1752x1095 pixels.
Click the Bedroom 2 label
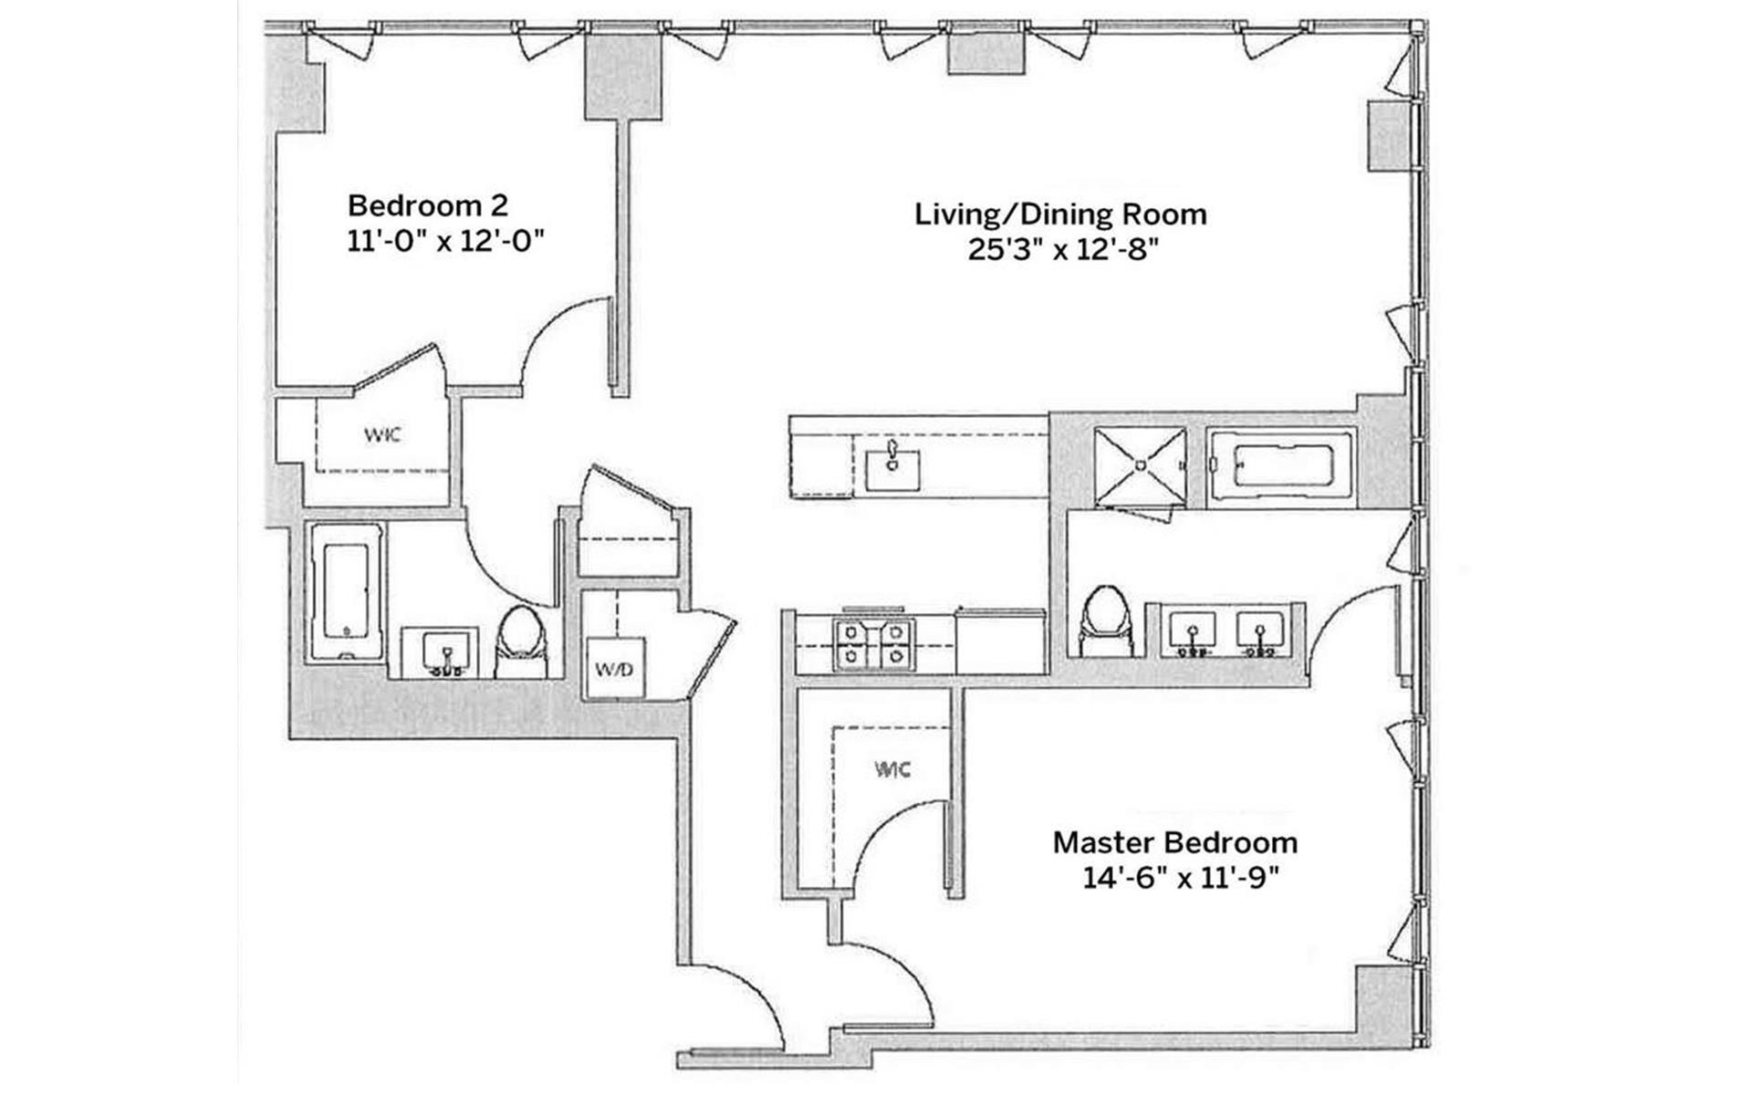(x=428, y=204)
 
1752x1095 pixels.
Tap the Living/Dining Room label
(x=1060, y=214)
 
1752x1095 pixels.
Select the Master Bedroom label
(x=1175, y=841)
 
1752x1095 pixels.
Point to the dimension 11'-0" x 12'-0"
(x=446, y=242)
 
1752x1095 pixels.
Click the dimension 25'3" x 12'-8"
(x=1062, y=249)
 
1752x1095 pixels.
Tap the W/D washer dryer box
(x=614, y=669)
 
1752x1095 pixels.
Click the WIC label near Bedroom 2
(x=382, y=434)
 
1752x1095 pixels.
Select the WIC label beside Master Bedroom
(x=892, y=769)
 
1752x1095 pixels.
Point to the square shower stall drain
(x=1140, y=465)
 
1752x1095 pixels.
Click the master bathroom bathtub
(x=1281, y=467)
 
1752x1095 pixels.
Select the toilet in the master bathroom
(x=1105, y=620)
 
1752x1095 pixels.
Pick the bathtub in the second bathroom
(x=346, y=590)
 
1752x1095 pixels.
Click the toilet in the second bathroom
(x=522, y=641)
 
